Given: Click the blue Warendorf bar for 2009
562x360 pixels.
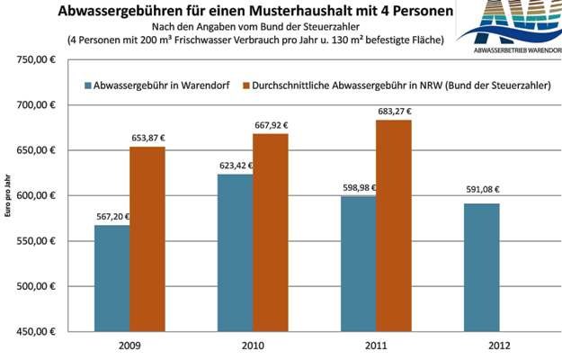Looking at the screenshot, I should pyautogui.click(x=112, y=278).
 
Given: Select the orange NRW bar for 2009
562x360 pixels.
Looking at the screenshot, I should pyautogui.click(x=147, y=238).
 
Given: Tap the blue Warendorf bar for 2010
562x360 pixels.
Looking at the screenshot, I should pyautogui.click(x=235, y=253).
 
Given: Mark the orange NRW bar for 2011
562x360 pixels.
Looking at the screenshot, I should pyautogui.click(x=394, y=225).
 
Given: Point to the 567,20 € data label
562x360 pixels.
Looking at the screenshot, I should pyautogui.click(x=112, y=217).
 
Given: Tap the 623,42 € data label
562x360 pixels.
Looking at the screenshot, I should pyautogui.click(x=236, y=166).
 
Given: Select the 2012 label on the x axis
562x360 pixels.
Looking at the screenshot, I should pyautogui.click(x=481, y=345).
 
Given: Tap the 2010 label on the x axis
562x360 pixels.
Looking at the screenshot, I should pyautogui.click(x=253, y=345).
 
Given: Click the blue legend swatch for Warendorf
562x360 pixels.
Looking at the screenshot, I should pyautogui.click(x=88, y=85).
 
